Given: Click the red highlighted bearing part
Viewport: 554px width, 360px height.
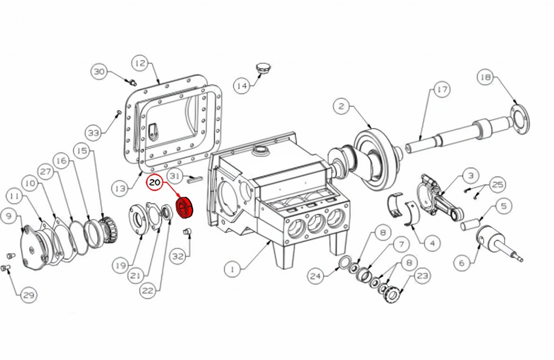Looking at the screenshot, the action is pos(186,208).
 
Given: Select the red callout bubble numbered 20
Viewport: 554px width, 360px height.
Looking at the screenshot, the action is pos(155,183).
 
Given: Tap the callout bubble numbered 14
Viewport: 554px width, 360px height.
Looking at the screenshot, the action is pos(242,86).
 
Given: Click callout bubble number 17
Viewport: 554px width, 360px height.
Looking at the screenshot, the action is pos(441,90).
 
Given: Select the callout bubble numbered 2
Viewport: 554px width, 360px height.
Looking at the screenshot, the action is pos(341,106).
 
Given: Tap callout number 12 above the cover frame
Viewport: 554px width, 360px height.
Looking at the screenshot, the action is pos(140,63).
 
